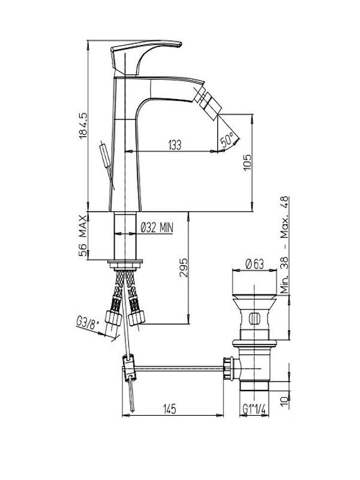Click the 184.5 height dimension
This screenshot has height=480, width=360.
83,126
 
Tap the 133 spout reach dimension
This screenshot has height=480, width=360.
175,145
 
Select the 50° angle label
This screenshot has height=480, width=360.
227,139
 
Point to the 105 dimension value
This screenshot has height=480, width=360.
247,163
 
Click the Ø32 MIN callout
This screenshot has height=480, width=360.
157,227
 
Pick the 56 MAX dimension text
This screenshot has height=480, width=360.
83,236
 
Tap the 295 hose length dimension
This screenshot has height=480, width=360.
184,268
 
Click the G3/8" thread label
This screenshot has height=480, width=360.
88,325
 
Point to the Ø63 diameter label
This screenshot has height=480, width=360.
254,264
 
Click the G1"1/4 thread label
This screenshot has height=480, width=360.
254,409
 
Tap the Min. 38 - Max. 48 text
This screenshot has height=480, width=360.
284,245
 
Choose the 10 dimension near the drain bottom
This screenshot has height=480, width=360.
284,401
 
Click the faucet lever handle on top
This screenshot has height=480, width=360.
144,55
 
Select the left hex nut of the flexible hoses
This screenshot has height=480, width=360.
113,317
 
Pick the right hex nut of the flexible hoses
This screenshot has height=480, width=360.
136,317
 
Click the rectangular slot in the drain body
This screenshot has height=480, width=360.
254,319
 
